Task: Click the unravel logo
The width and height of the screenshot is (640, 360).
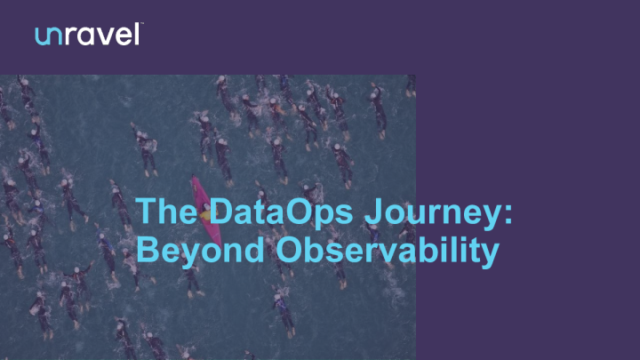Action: click(x=87, y=36)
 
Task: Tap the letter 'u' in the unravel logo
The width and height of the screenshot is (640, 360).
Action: click(x=42, y=37)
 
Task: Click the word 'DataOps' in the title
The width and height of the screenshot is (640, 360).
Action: click(x=267, y=214)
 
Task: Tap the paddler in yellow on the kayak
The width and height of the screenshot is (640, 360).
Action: click(x=204, y=213)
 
